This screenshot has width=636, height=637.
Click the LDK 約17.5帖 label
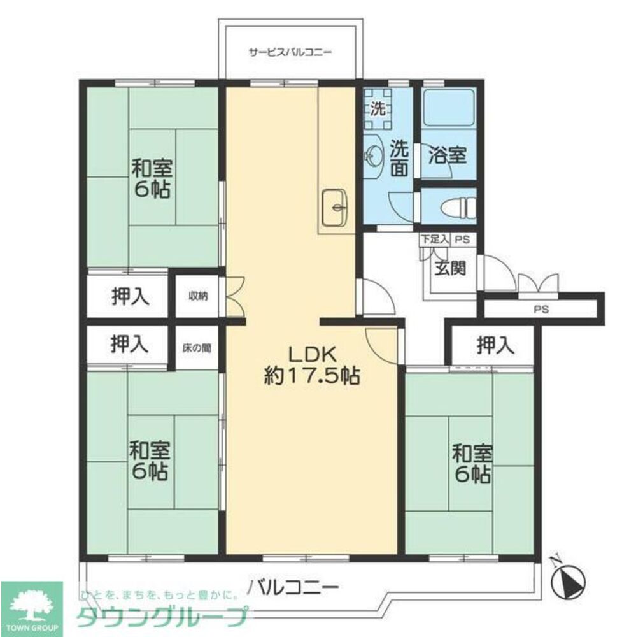tap(312, 365)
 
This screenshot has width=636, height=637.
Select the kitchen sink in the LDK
tap(334, 207)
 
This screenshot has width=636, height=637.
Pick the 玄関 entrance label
tap(450, 268)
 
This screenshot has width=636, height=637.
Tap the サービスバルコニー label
tap(290, 53)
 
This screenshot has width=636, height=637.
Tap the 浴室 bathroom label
tap(448, 155)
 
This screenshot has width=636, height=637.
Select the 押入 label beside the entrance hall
tap(495, 346)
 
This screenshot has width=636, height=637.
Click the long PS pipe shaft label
tap(541, 310)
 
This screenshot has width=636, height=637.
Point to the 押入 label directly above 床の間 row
tap(131, 296)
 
